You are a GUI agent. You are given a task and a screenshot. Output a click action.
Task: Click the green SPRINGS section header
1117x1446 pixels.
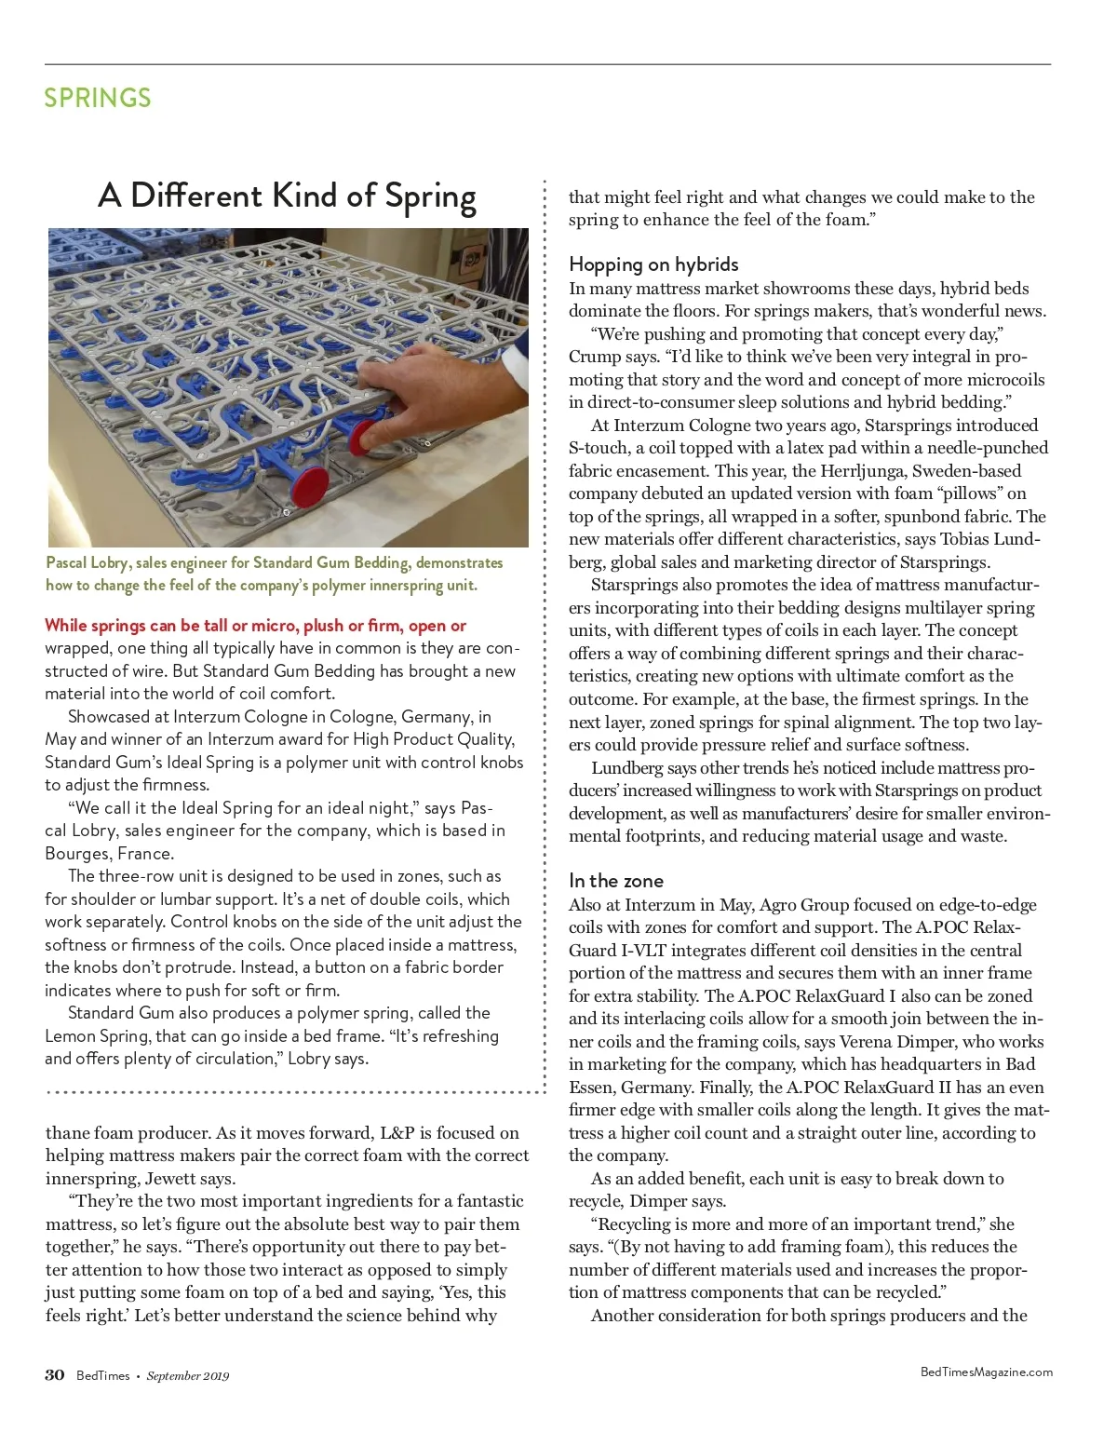tap(97, 98)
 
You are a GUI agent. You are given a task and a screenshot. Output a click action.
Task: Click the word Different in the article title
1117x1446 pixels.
tap(195, 195)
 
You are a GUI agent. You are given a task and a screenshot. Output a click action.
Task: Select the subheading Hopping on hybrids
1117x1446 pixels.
tap(653, 264)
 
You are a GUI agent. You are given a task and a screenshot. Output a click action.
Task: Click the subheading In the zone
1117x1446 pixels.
tap(615, 880)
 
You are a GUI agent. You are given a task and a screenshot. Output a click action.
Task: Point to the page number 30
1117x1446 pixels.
tap(55, 1374)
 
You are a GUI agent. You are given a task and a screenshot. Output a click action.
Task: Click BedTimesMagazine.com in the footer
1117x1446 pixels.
tap(986, 1372)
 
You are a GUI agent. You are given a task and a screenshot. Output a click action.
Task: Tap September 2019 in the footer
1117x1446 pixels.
tap(187, 1376)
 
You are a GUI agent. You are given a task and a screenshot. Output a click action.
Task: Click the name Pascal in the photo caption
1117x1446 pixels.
tap(66, 562)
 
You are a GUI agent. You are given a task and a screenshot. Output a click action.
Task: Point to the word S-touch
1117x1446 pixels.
tap(599, 448)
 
